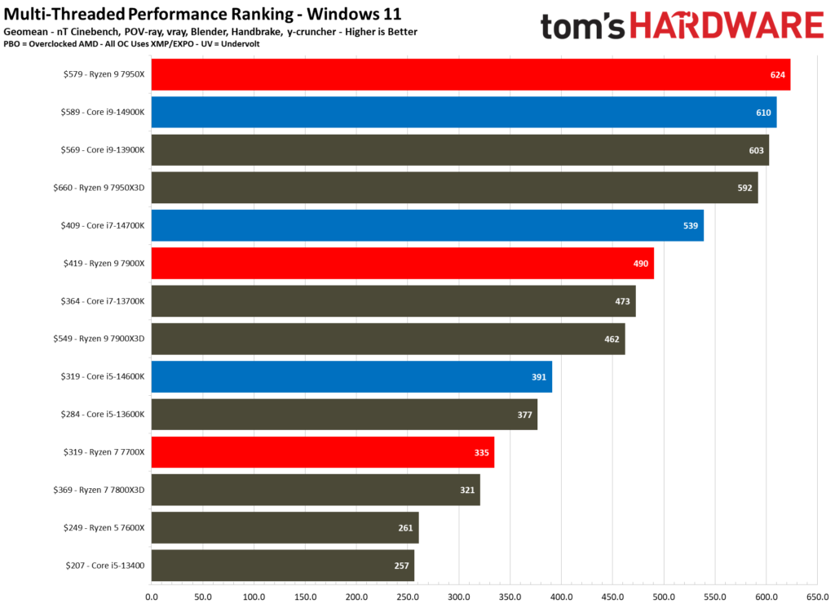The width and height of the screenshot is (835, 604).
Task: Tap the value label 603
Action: tap(756, 149)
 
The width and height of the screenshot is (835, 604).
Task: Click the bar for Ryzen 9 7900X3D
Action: tap(387, 339)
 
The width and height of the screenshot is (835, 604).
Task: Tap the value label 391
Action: tap(539, 376)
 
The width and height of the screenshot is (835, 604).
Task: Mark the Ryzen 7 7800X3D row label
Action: tap(99, 490)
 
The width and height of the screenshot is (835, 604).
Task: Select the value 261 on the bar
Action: tap(405, 527)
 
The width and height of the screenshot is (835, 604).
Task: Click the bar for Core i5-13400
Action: tap(282, 565)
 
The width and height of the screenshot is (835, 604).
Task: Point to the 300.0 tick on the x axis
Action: tap(459, 596)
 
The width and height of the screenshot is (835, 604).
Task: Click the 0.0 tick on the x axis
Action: tap(151, 596)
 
